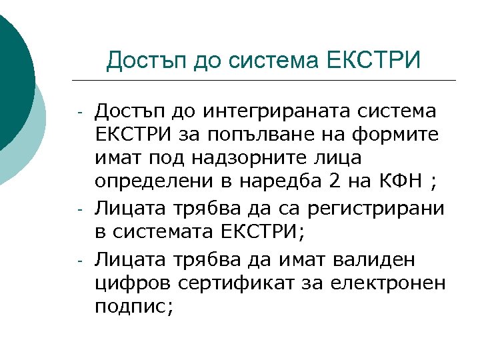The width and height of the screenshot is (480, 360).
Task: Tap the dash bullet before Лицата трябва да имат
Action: coord(79,261)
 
